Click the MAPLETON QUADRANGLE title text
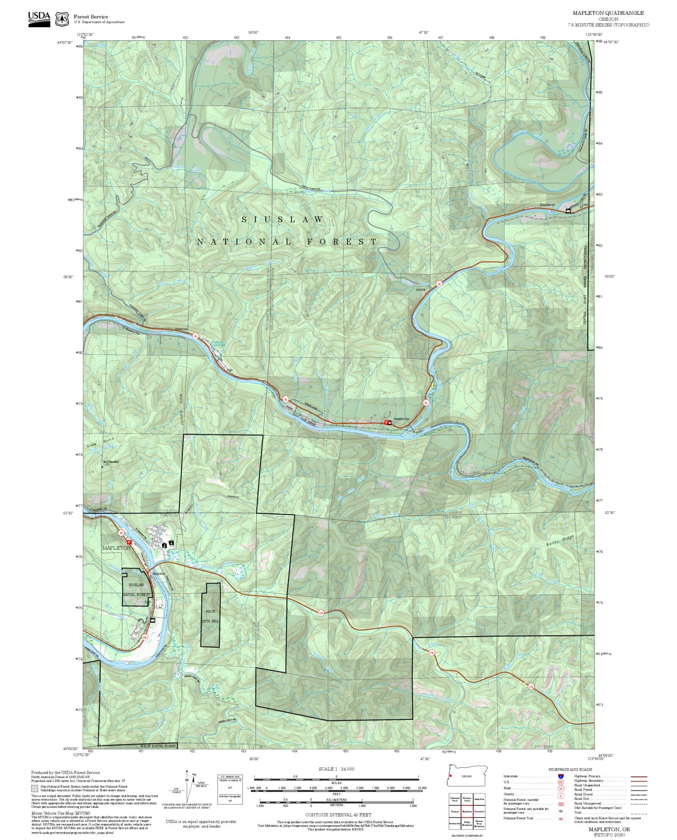click(x=608, y=13)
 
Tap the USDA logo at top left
click(x=39, y=19)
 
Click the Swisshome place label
click(x=401, y=419)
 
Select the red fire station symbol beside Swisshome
click(x=386, y=422)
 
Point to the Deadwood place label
click(x=547, y=205)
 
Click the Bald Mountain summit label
click(x=111, y=461)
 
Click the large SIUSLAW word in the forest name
click(x=282, y=220)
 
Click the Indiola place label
click(x=420, y=290)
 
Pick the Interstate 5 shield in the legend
click(x=561, y=777)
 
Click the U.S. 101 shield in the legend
click(x=561, y=782)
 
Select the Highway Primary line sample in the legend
click(x=639, y=777)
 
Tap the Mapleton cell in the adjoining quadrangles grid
click(x=467, y=812)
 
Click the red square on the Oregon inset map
click(x=451, y=776)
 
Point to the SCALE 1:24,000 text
click(x=336, y=769)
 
